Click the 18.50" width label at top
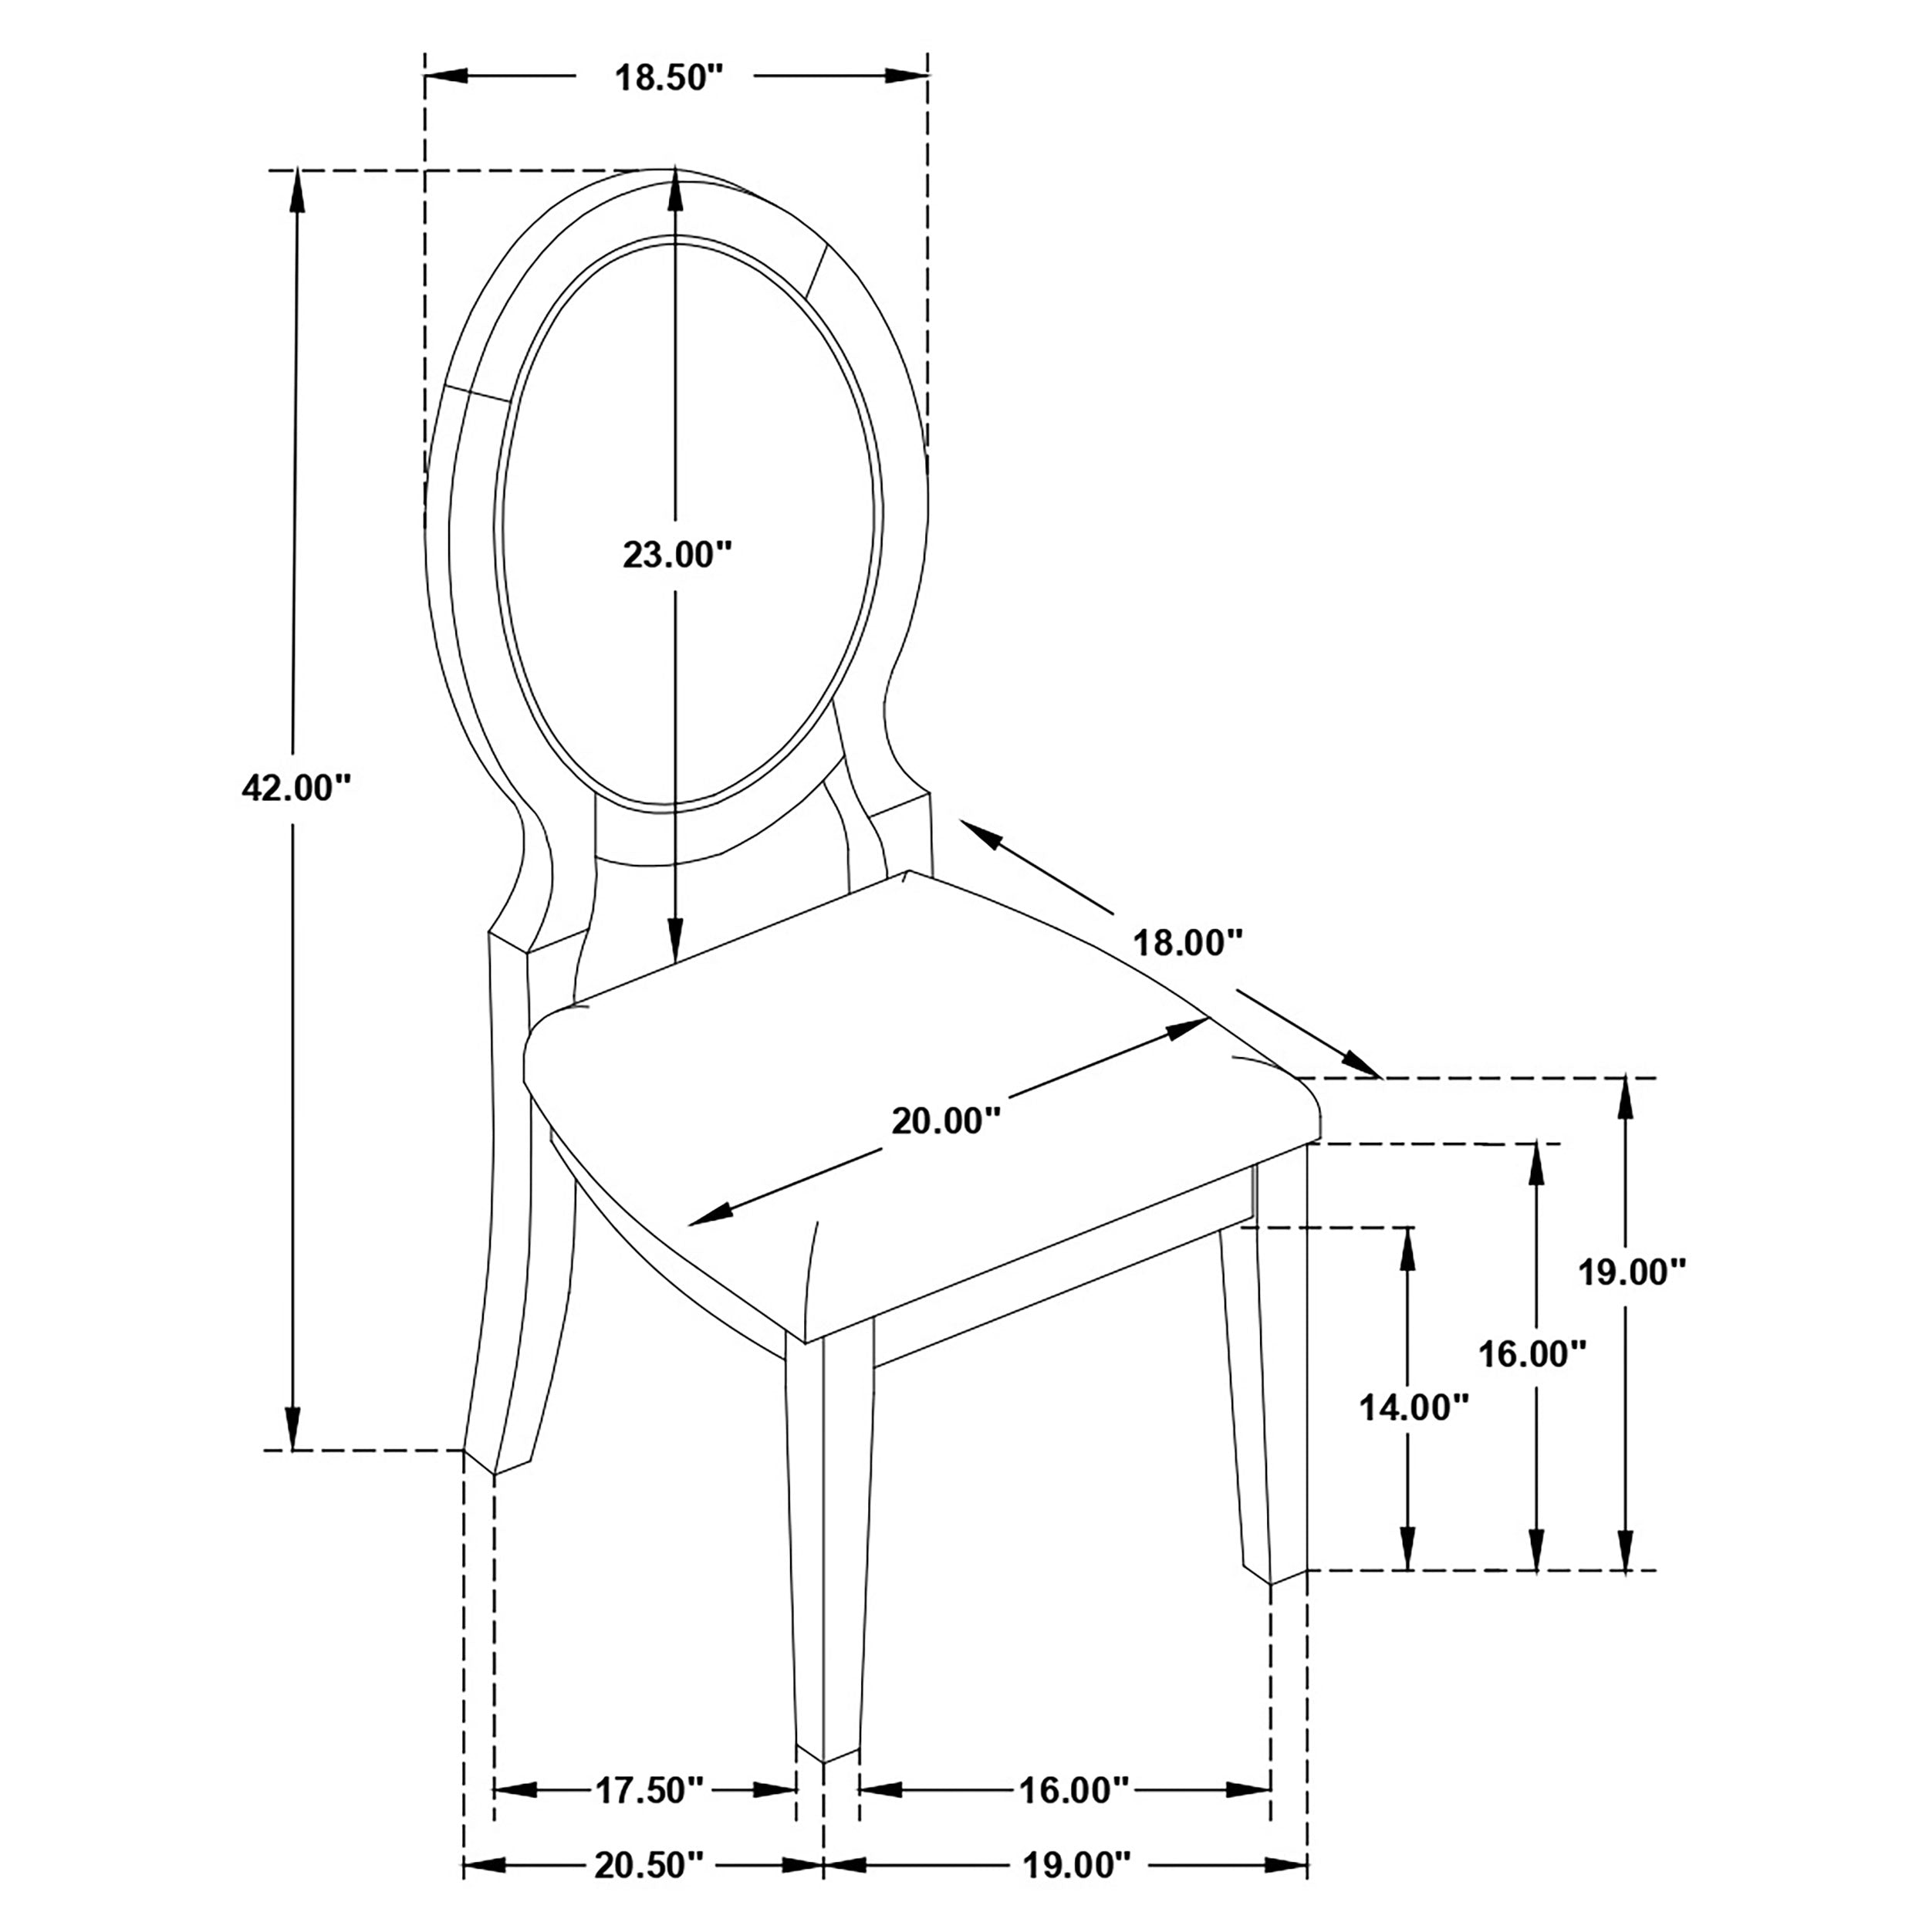coord(667,77)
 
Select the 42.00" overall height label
coord(296,788)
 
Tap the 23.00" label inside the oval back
coord(677,554)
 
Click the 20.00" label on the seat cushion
coord(944,1121)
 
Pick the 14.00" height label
coord(1413,1408)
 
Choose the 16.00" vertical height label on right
coord(1532,1355)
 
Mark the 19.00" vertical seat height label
coord(1631,1272)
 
